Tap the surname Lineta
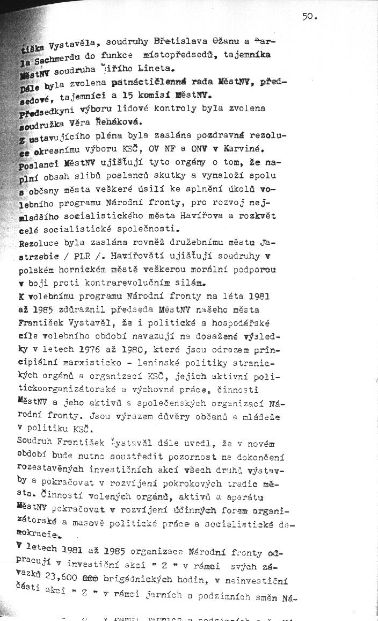tap(158, 69)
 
